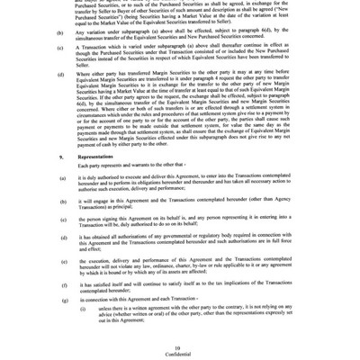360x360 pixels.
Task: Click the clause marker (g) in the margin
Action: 62,298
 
